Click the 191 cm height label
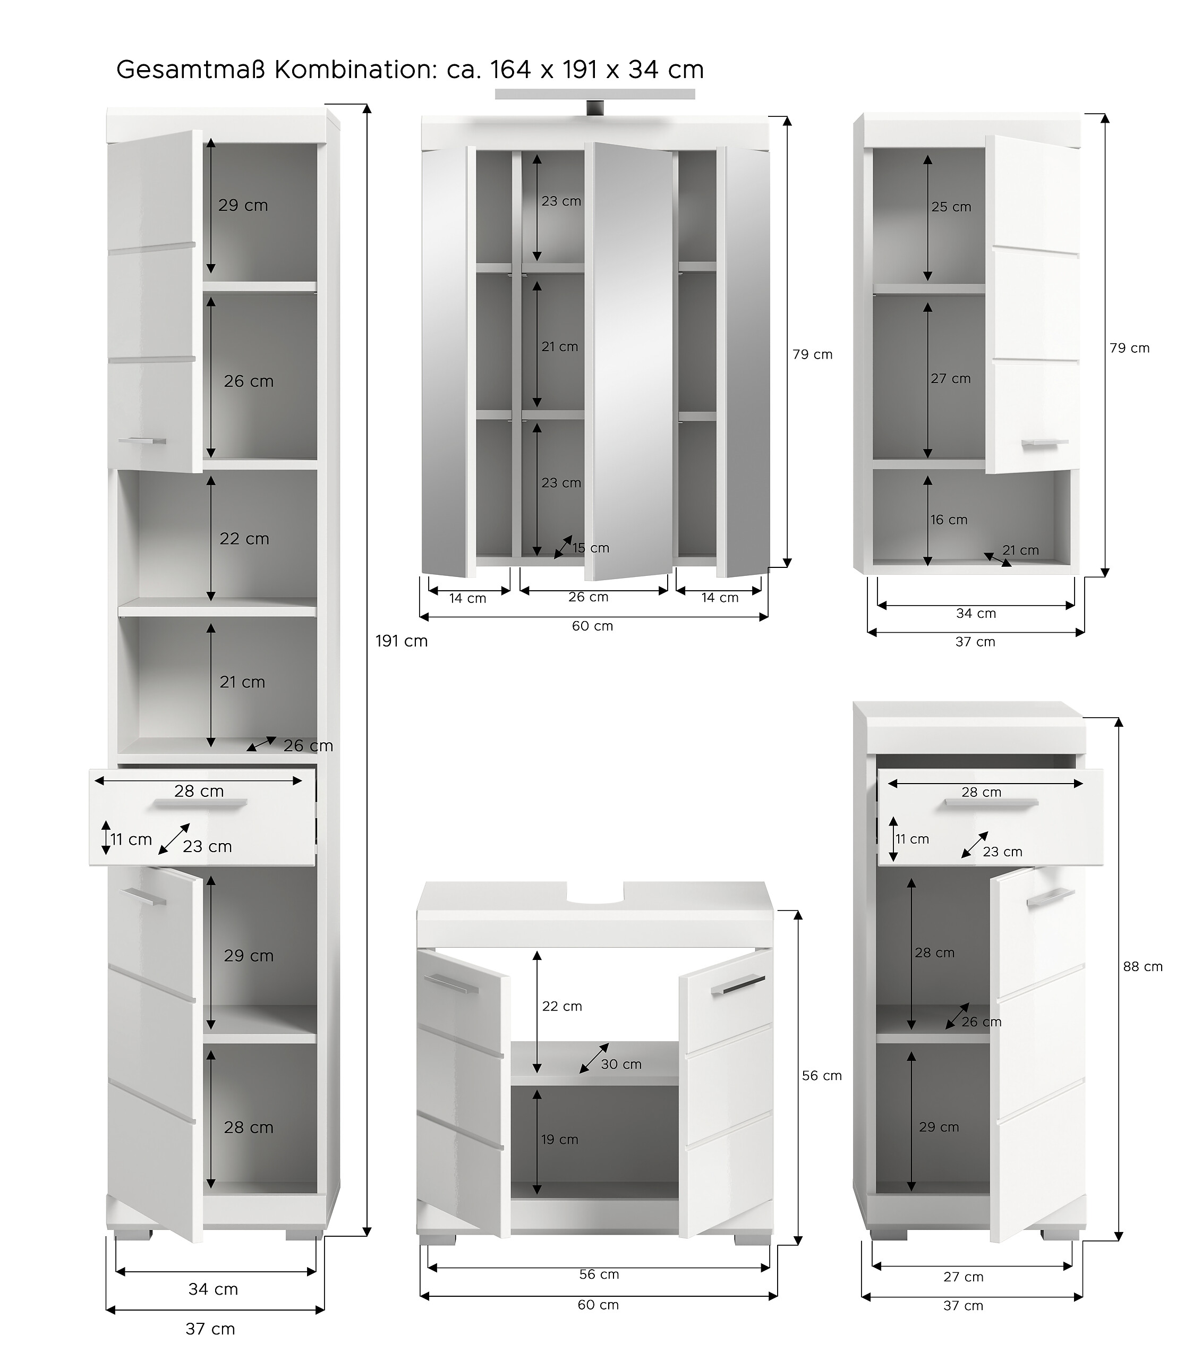click(401, 641)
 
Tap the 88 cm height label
click(1143, 967)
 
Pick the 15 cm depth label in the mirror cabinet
click(590, 548)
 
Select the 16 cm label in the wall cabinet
click(949, 520)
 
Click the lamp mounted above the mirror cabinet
click(594, 95)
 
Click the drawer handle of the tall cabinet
click(200, 804)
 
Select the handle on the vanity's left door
click(455, 984)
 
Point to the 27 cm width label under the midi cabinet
click(963, 1276)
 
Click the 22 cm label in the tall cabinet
click(244, 538)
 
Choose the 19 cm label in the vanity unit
click(559, 1139)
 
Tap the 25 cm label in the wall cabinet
click(951, 207)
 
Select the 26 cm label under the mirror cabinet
click(588, 597)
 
